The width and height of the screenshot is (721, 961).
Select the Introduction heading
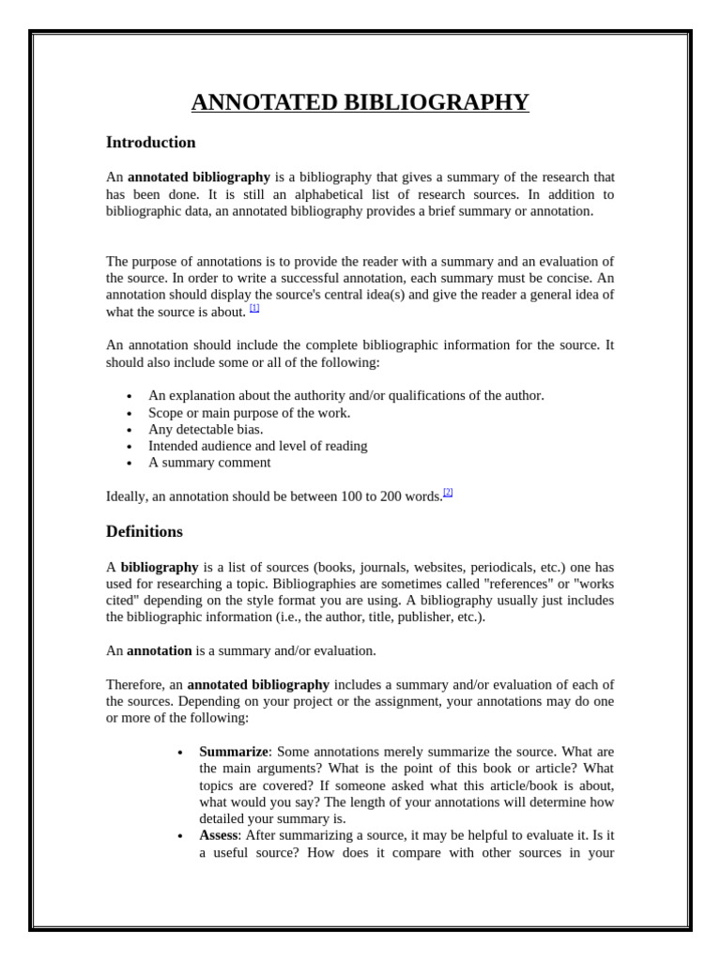(151, 143)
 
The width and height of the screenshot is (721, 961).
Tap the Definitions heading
(145, 531)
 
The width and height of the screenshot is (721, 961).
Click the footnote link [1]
(254, 308)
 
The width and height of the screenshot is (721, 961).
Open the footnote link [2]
(448, 492)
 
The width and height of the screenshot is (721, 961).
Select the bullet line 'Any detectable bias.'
(206, 429)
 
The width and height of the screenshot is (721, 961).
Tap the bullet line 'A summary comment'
(209, 463)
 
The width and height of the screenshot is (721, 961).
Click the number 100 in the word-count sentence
(353, 496)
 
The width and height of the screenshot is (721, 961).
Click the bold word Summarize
(234, 752)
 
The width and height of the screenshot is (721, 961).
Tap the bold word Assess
(220, 835)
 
